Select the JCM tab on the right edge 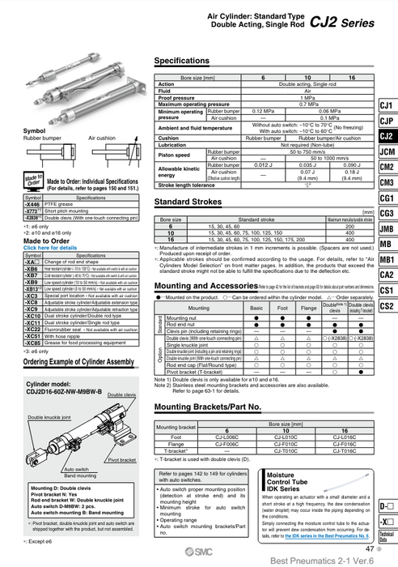[x=387, y=151]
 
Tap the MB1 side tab [x=387, y=259]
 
